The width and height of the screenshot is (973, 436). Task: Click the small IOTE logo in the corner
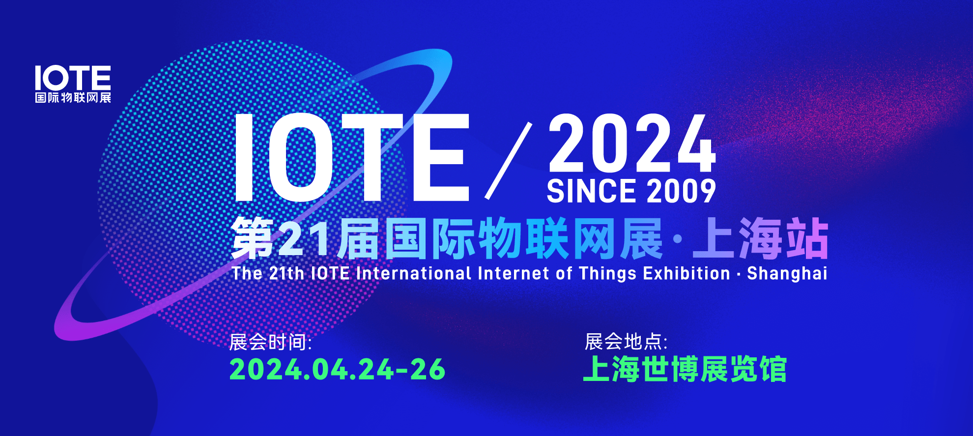[73, 84]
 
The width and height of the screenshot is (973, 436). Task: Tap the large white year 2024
[632, 143]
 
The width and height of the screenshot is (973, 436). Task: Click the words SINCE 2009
[631, 191]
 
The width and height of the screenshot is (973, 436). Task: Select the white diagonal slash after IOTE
[509, 161]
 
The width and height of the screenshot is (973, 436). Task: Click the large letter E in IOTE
[441, 157]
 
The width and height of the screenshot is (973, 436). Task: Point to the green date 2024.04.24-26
[337, 369]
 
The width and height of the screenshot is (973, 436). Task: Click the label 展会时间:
[270, 342]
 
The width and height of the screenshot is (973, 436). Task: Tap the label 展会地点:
[626, 342]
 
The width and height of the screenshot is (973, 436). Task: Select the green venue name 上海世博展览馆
[685, 369]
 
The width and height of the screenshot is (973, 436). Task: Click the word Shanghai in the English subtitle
[787, 273]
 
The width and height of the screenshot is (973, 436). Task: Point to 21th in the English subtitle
[287, 273]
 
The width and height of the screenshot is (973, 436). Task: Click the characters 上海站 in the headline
[761, 239]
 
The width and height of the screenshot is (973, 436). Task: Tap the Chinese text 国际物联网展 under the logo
[73, 98]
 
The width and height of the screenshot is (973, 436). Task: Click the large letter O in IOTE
[301, 157]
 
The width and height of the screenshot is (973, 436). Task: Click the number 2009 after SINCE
[681, 191]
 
